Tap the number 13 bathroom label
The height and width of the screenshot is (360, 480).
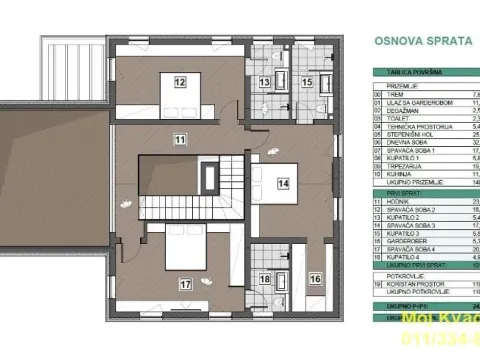tap(266, 82)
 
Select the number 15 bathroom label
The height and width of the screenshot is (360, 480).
tap(308, 82)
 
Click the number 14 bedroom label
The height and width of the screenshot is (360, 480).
tap(283, 184)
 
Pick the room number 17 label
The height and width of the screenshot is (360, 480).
tap(186, 283)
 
